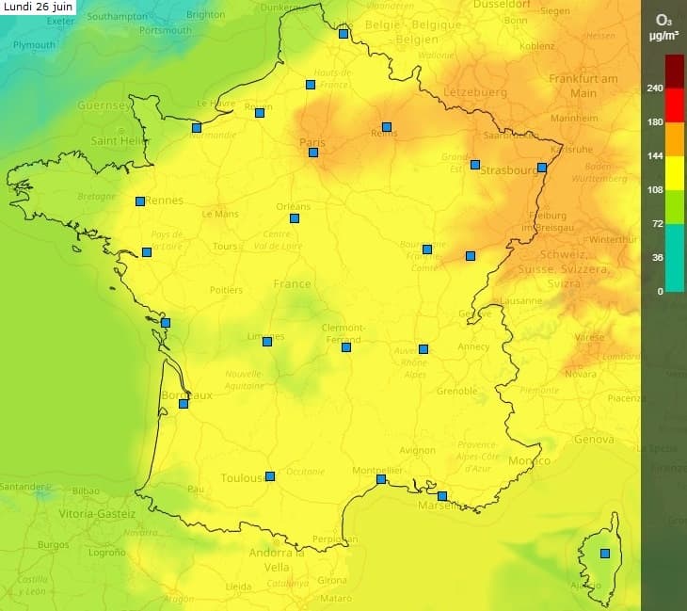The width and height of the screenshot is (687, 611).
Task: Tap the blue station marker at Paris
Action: pyautogui.click(x=313, y=153)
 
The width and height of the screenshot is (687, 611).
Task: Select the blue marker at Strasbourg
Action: pyautogui.click(x=542, y=168)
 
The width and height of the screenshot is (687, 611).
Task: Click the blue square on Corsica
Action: pyautogui.click(x=605, y=554)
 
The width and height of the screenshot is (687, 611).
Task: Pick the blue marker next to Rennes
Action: pyautogui.click(x=140, y=201)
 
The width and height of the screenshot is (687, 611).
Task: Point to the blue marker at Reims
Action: pyautogui.click(x=387, y=127)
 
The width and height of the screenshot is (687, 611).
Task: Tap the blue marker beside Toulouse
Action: pyautogui.click(x=270, y=476)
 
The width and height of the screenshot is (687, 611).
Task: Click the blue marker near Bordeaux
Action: pyautogui.click(x=184, y=404)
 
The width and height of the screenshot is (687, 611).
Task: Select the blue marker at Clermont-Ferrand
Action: pyautogui.click(x=346, y=347)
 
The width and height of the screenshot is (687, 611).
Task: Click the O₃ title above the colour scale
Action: pyautogui.click(x=663, y=19)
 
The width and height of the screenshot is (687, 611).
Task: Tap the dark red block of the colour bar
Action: pyautogui.click(x=675, y=72)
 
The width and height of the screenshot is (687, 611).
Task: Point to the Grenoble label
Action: pyautogui.click(x=456, y=391)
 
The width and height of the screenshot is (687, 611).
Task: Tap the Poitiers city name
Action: pyautogui.click(x=226, y=290)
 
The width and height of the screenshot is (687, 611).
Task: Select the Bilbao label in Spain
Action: pyautogui.click(x=86, y=491)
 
